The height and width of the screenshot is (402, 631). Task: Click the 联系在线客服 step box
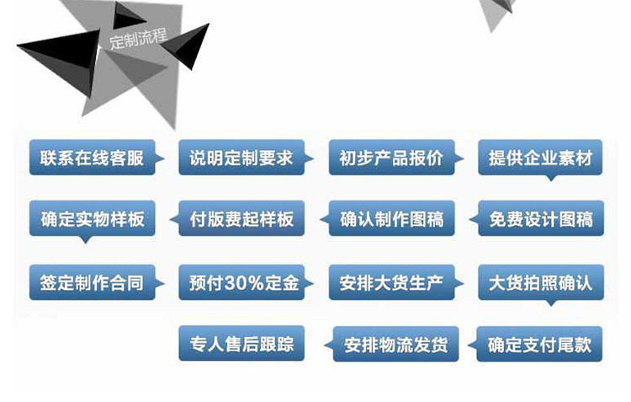tap(93, 158)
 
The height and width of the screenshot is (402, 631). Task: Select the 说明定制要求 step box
tap(241, 158)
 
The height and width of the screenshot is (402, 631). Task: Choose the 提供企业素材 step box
tap(540, 158)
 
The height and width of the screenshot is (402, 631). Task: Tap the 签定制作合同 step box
tap(93, 282)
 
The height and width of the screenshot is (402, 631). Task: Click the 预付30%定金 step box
tap(241, 282)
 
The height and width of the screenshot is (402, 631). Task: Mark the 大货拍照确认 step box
tap(540, 282)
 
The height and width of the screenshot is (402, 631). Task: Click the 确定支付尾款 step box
tap(540, 345)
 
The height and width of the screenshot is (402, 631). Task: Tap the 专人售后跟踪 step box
tap(241, 344)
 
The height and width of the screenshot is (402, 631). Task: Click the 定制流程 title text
tap(137, 40)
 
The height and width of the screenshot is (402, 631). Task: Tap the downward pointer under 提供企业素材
tap(551, 178)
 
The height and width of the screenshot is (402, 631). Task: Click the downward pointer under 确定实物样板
tap(84, 240)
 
